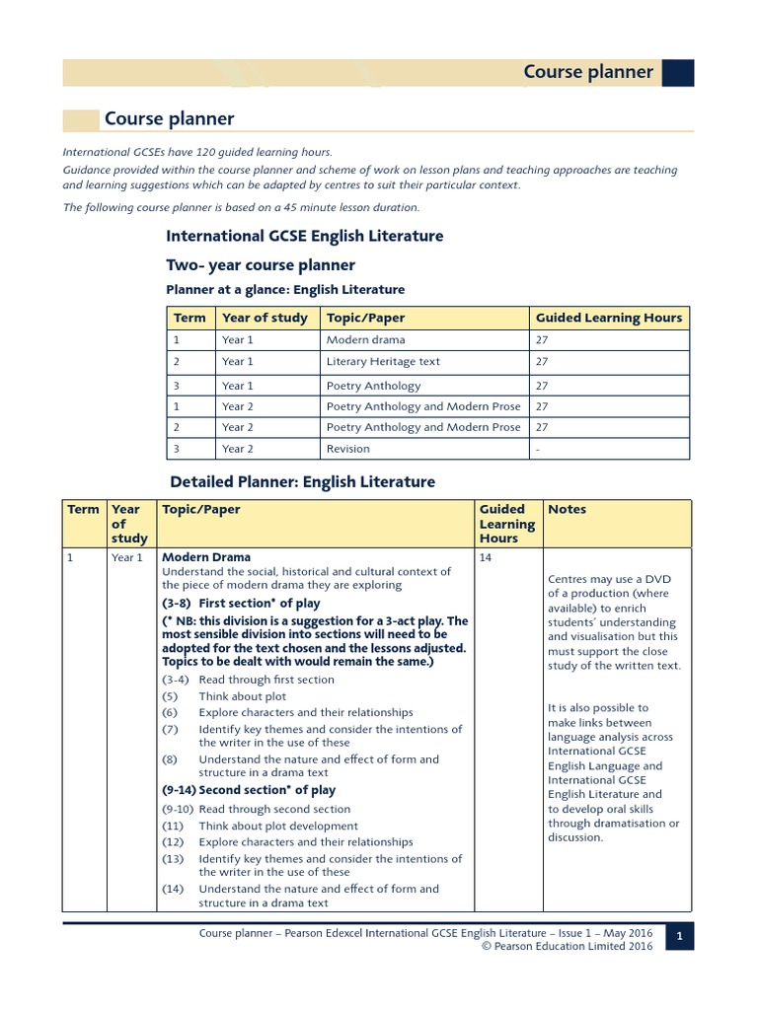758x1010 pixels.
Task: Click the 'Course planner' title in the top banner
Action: coord(587,72)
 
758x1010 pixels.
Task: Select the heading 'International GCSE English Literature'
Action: coord(304,237)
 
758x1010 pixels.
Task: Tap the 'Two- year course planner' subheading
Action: coord(260,265)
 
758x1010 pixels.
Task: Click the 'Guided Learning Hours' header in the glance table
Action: coord(608,318)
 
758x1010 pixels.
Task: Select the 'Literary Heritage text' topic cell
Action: coord(383,362)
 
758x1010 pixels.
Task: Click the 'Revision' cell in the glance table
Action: coord(348,449)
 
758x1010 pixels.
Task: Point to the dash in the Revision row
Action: coord(538,449)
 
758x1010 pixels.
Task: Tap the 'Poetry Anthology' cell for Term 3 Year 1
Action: coord(373,386)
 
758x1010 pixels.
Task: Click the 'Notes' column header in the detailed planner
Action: coord(567,510)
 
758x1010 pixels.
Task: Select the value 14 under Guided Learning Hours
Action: coord(486,557)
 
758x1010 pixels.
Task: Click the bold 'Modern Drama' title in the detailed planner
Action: coord(206,557)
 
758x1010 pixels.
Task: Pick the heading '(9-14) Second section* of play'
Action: coord(249,790)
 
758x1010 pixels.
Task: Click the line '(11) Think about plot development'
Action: coord(260,827)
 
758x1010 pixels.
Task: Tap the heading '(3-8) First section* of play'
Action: coord(241,603)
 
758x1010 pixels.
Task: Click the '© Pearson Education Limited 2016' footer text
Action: coord(567,946)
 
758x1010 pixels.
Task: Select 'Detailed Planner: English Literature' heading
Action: coord(302,482)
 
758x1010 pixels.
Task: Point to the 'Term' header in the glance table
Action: coord(189,318)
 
